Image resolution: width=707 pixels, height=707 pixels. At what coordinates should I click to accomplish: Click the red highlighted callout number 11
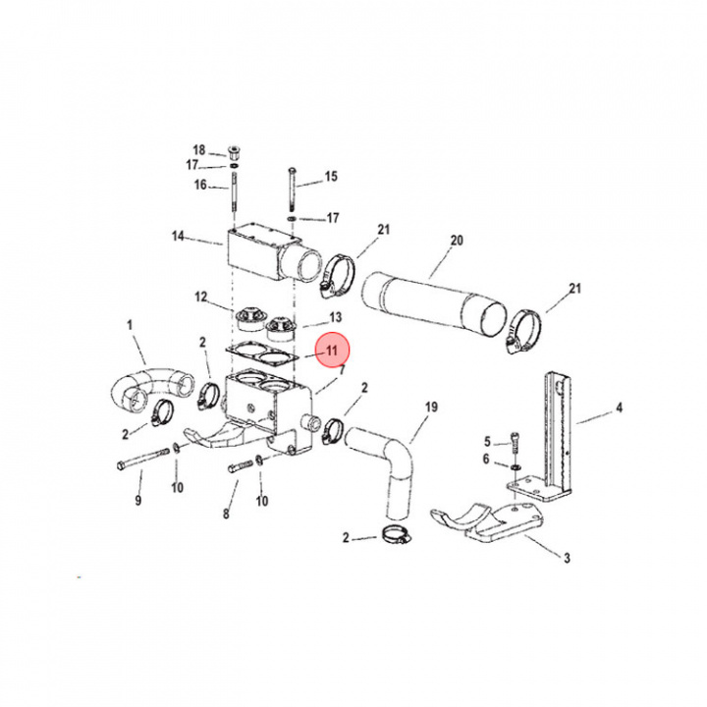pos(332,351)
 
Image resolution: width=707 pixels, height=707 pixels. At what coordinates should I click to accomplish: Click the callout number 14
pos(178,236)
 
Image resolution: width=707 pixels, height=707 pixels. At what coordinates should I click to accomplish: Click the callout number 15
pos(331,177)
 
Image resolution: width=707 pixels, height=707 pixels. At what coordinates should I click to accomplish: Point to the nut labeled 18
pos(235,152)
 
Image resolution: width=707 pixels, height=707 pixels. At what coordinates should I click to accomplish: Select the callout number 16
pos(200,185)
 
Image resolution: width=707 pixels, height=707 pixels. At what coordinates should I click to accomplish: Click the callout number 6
pos(485,460)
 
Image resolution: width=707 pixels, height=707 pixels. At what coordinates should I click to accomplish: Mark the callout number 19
pos(430,406)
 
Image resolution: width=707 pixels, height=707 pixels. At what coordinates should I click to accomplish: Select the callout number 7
pos(341,369)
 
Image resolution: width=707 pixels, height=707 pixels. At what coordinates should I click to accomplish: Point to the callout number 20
pos(456,241)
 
